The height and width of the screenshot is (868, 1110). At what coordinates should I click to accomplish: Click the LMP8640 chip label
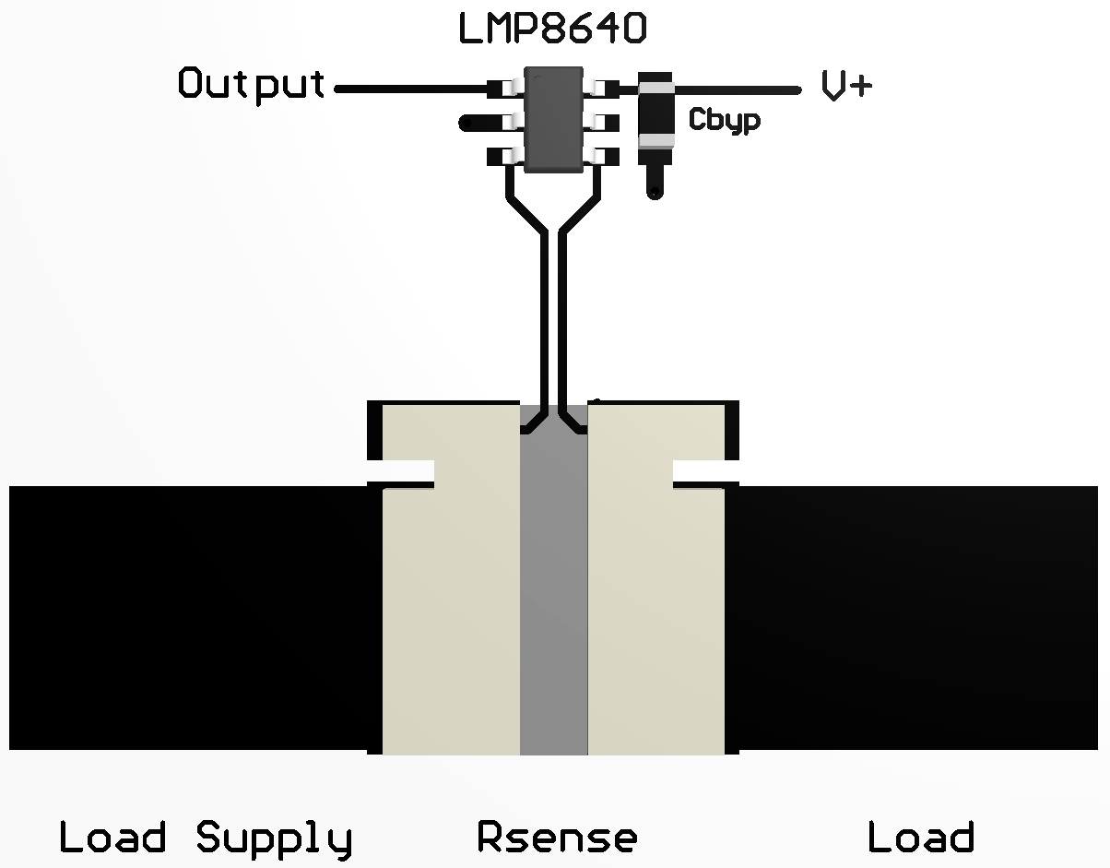552,29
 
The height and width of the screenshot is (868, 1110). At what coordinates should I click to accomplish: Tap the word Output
251,85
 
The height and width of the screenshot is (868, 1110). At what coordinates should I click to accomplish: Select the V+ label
845,87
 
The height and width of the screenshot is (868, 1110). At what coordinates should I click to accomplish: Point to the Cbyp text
725,121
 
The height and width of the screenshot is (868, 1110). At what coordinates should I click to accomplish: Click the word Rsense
557,838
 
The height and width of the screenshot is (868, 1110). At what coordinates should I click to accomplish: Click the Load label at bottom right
920,838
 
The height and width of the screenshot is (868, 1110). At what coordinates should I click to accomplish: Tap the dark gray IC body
552,120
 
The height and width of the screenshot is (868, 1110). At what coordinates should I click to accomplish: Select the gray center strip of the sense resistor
553,600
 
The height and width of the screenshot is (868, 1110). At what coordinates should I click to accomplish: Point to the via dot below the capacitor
655,192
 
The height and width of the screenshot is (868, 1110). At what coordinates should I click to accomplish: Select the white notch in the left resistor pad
402,471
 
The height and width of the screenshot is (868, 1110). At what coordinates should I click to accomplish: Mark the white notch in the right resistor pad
704,471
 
